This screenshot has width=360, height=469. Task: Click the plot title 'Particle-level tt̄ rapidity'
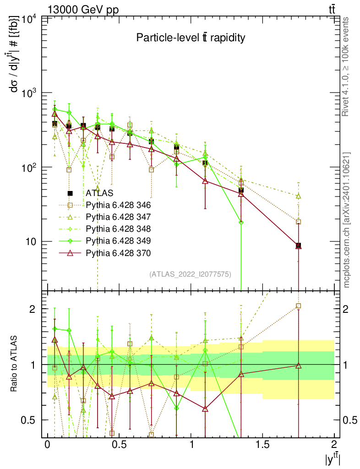[x=191, y=38]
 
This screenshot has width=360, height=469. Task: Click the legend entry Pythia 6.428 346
[x=118, y=205]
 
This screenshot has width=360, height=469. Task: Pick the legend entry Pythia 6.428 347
[x=118, y=217]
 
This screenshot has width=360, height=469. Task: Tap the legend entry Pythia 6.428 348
[x=118, y=229]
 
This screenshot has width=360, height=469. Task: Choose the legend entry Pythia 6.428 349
[x=118, y=240]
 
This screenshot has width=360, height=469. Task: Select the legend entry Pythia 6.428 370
[x=118, y=252]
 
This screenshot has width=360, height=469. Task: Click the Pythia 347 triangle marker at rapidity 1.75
[x=299, y=196]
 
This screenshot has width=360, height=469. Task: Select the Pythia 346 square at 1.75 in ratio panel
[x=299, y=306]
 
